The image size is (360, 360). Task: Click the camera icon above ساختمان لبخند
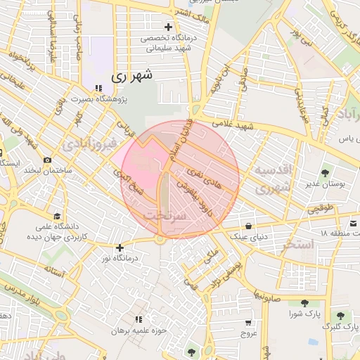tap(47, 160)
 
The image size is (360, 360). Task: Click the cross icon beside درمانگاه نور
tap(120, 247)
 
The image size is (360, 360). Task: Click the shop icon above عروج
tap(247, 321)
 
